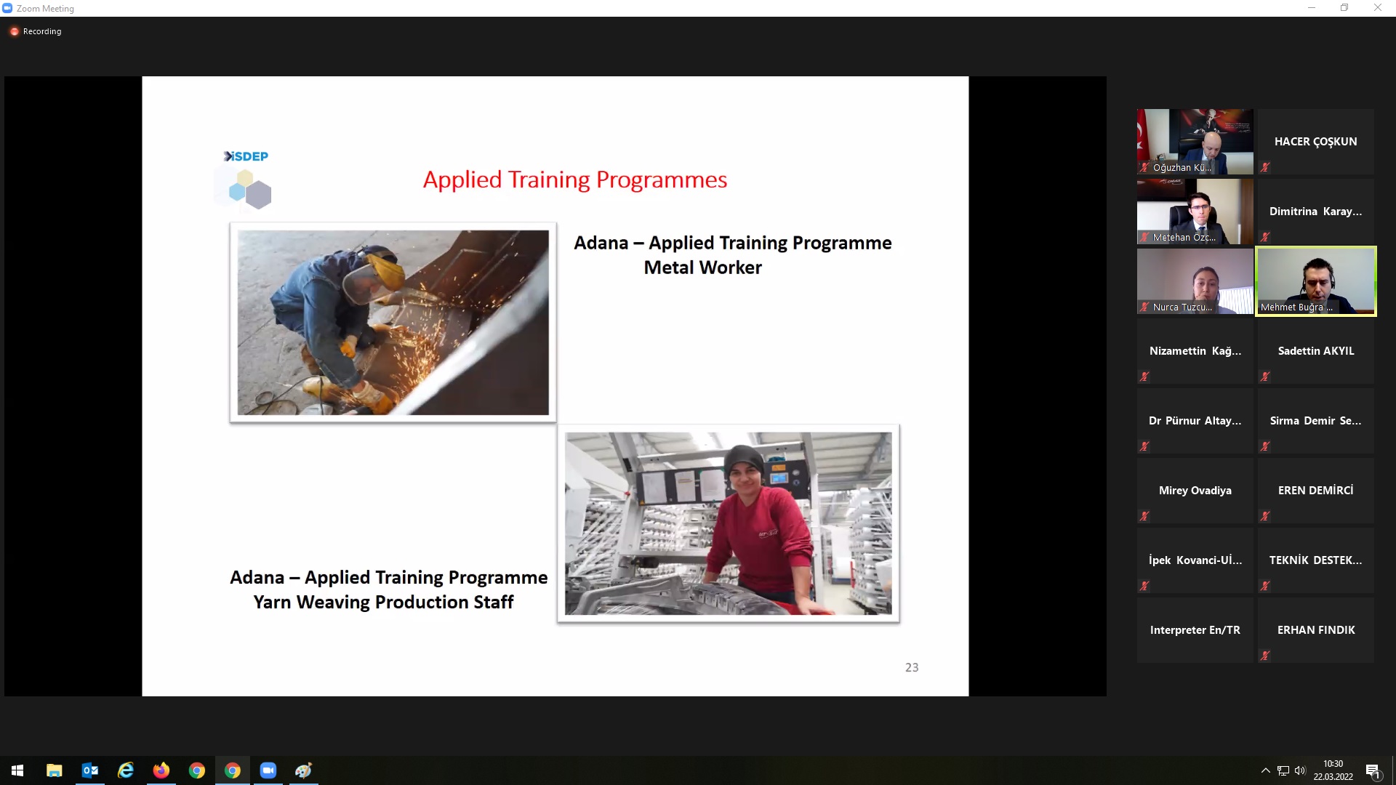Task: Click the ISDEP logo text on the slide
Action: click(246, 156)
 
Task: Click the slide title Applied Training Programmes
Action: click(575, 180)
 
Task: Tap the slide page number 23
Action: click(912, 667)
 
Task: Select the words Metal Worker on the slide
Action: click(703, 267)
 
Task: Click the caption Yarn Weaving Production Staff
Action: click(383, 602)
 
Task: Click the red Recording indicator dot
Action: click(14, 31)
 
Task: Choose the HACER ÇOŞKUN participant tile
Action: click(1315, 142)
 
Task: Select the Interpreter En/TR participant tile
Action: click(1195, 630)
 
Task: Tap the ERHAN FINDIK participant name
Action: click(1316, 630)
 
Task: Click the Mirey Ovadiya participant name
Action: click(1195, 491)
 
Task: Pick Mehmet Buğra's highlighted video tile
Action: click(1316, 281)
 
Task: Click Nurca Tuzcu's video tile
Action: click(1195, 281)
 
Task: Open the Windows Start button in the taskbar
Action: click(17, 770)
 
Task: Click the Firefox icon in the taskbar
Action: click(161, 770)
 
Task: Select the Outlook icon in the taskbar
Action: click(90, 770)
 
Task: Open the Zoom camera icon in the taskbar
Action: click(268, 770)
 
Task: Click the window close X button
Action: click(1377, 8)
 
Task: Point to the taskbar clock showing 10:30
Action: click(1333, 764)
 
